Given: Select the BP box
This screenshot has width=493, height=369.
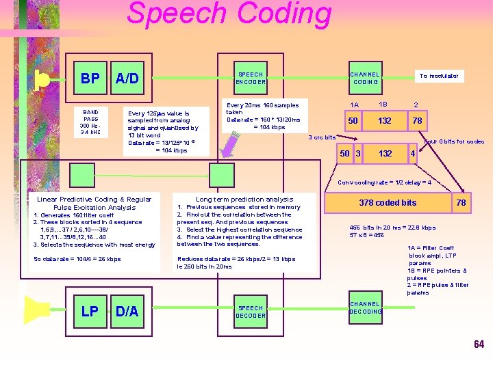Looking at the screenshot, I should pyautogui.click(x=90, y=79).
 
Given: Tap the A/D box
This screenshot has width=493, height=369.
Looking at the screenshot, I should pyautogui.click(x=127, y=79).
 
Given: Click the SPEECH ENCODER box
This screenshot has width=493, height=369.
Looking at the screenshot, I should pyautogui.click(x=250, y=78).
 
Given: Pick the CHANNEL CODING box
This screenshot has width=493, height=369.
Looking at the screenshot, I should pyautogui.click(x=365, y=78).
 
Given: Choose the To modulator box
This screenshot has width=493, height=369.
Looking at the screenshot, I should pyautogui.click(x=438, y=76).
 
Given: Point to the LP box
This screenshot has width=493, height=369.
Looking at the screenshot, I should pyautogui.click(x=90, y=312).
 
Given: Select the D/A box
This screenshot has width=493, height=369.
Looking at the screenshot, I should pyautogui.click(x=127, y=312).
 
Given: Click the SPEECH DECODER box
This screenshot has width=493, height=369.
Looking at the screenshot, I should pyautogui.click(x=251, y=312).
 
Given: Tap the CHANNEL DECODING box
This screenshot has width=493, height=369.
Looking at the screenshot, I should pyautogui.click(x=365, y=307).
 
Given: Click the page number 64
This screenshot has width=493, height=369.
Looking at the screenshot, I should pyautogui.click(x=479, y=344).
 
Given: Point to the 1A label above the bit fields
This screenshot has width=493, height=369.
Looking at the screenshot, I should pyautogui.click(x=353, y=105).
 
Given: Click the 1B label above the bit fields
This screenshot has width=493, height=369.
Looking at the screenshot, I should pyautogui.click(x=384, y=104).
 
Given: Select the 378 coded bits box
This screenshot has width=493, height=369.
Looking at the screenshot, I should pyautogui.click(x=388, y=202).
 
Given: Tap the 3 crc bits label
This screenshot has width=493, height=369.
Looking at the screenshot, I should pyautogui.click(x=322, y=137).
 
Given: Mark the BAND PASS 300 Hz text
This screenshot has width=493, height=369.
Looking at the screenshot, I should pyautogui.click(x=90, y=122).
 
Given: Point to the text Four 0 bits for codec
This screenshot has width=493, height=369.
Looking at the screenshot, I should pyautogui.click(x=455, y=141).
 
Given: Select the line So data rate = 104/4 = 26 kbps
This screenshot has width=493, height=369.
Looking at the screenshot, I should pyautogui.click(x=77, y=259).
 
